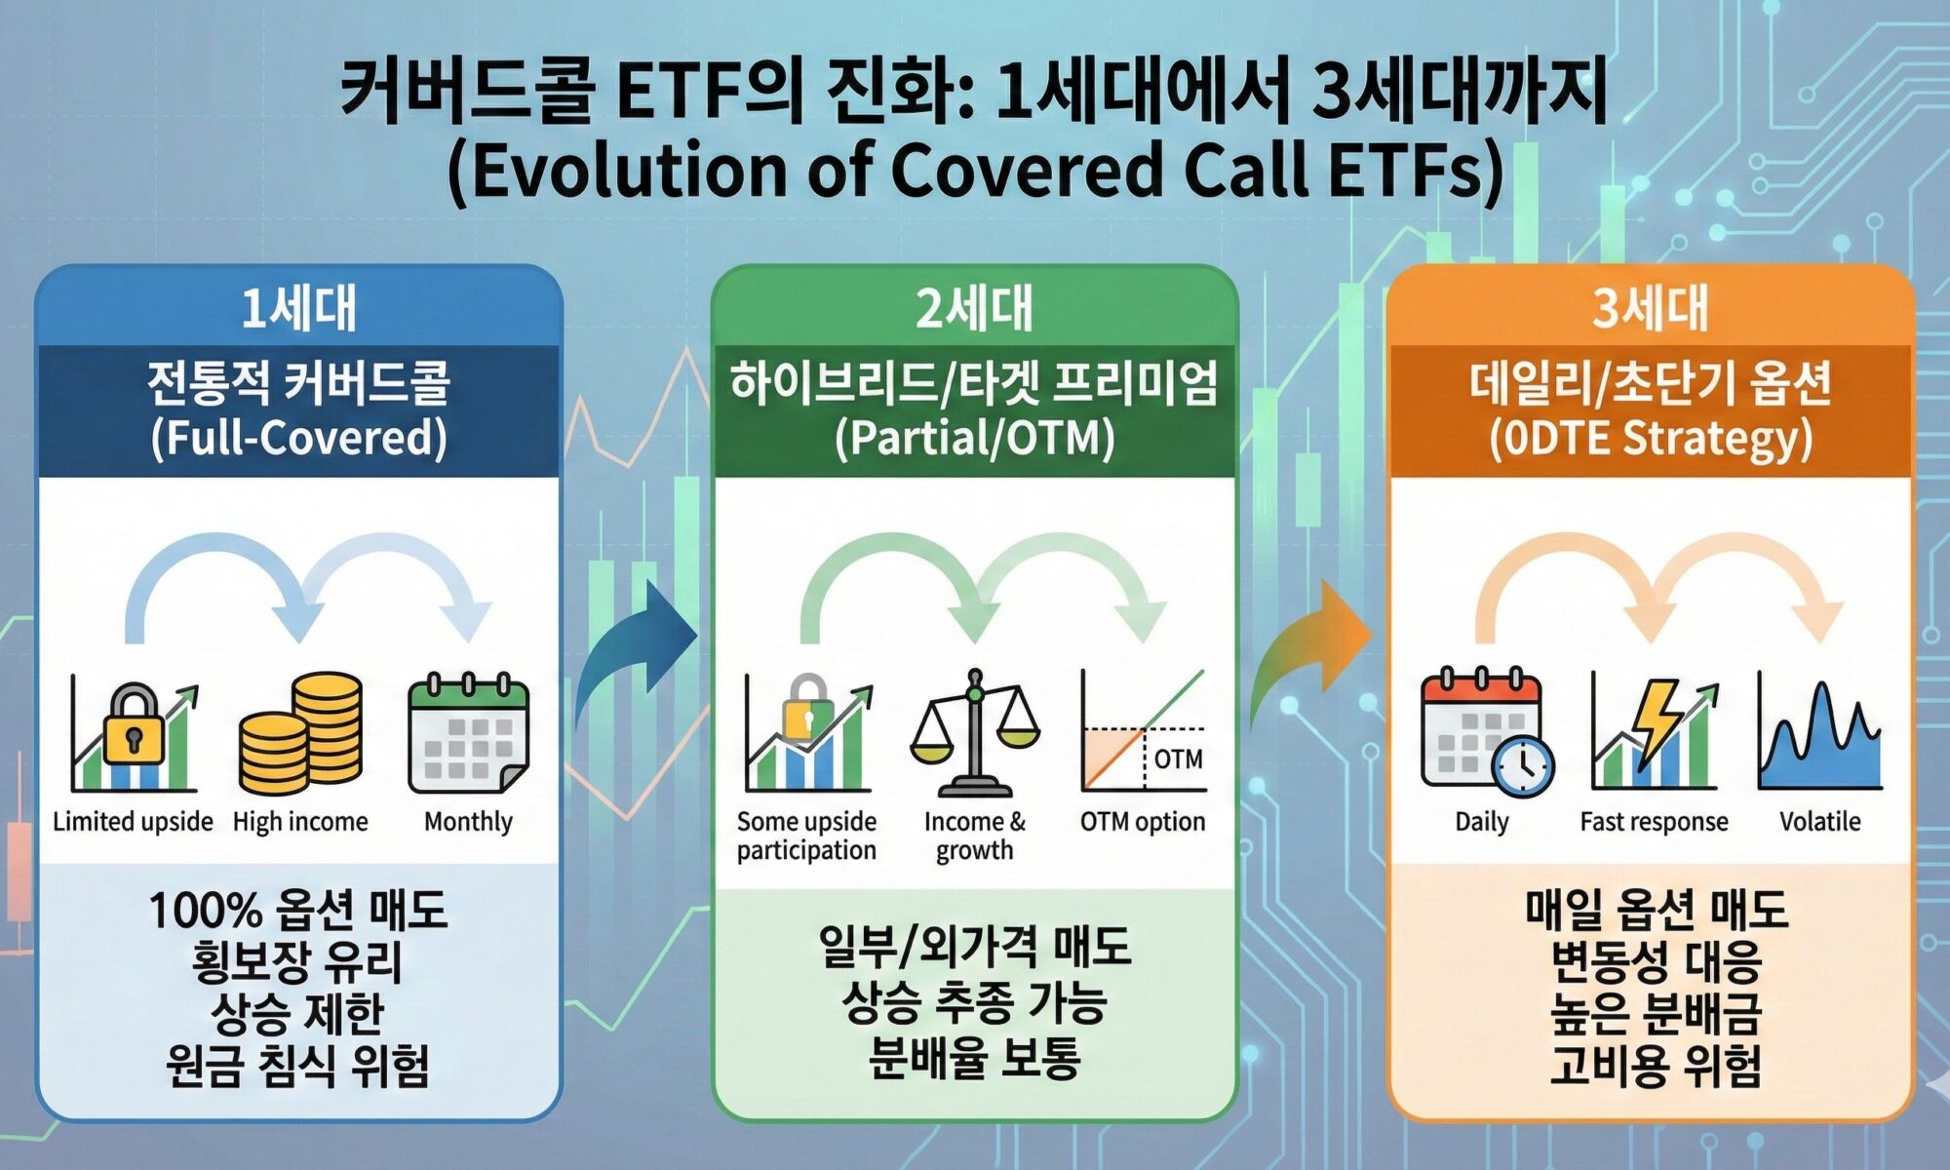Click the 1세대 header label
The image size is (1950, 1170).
(x=299, y=308)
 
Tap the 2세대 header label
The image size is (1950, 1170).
(x=974, y=308)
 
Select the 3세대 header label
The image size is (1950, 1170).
(x=1650, y=308)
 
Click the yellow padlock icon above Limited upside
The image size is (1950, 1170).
(x=134, y=723)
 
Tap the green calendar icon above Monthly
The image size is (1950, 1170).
(x=468, y=733)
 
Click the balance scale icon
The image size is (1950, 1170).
(x=974, y=733)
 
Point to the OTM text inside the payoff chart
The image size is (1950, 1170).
(x=1178, y=759)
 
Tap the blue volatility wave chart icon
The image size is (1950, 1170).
(x=1819, y=735)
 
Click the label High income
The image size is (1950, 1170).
(x=300, y=822)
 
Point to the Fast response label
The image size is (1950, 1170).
(x=1654, y=822)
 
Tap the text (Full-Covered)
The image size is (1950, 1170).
(x=298, y=438)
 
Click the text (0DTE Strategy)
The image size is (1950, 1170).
(x=1650, y=438)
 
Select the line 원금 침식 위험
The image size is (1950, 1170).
(x=298, y=1065)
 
